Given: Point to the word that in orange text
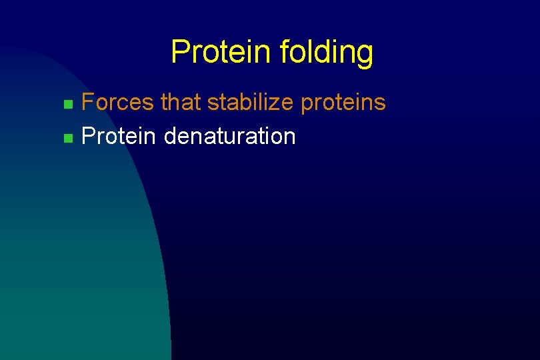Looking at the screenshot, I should (x=181, y=102).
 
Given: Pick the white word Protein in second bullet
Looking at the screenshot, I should (x=118, y=136).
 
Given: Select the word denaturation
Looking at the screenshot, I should (x=229, y=136).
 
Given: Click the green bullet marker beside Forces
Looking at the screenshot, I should (x=67, y=105).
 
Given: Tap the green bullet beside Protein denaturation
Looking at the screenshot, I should (x=67, y=139).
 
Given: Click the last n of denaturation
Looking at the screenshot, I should (x=289, y=138).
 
